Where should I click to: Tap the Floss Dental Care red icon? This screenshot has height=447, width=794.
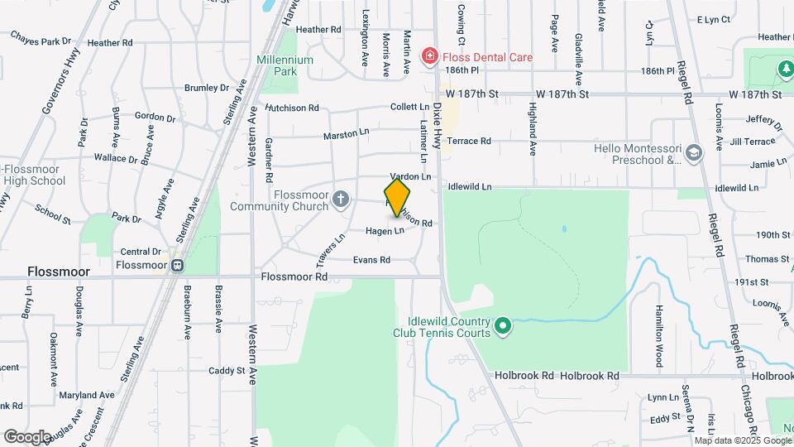(429, 56)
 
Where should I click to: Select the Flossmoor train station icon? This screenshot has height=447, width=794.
(176, 265)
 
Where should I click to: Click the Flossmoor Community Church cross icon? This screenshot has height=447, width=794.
(341, 199)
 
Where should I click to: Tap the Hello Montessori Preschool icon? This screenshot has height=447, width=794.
(693, 152)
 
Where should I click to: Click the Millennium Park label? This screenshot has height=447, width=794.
(285, 65)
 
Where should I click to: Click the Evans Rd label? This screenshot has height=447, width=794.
(371, 260)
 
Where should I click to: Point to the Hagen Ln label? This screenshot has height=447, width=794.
(385, 231)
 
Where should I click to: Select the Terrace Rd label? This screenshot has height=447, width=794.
(470, 141)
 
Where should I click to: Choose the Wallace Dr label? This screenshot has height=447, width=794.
(115, 158)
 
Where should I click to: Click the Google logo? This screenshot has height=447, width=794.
(27, 436)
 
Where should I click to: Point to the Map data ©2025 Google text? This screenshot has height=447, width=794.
(742, 440)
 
